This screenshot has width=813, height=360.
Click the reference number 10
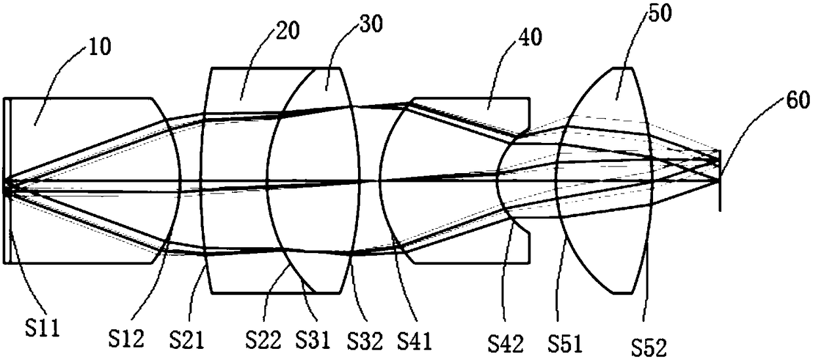pyautogui.click(x=100, y=47)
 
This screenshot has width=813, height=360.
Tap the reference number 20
pyautogui.click(x=288, y=30)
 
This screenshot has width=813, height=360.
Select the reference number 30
pyautogui.click(x=371, y=24)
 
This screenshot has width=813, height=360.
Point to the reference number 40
pyautogui.click(x=530, y=37)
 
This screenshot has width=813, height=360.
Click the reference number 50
pyautogui.click(x=660, y=13)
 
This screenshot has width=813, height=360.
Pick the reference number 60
pyautogui.click(x=798, y=100)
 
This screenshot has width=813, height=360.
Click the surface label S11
pyautogui.click(x=42, y=327)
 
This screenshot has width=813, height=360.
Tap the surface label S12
pyautogui.click(x=127, y=338)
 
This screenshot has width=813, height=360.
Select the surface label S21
pyautogui.click(x=187, y=339)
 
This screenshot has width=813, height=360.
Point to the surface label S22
pyautogui.click(x=263, y=339)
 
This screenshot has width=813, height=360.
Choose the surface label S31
pyautogui.click(x=313, y=339)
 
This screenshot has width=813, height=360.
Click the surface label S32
pyautogui.click(x=365, y=340)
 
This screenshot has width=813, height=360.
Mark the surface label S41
pyautogui.click(x=415, y=340)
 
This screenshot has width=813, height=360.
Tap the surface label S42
pyautogui.click(x=506, y=343)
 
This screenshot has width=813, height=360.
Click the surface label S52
pyautogui.click(x=649, y=347)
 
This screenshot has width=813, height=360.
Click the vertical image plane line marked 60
pyautogui.click(x=720, y=180)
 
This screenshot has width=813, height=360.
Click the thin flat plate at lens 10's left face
pyautogui.click(x=7, y=180)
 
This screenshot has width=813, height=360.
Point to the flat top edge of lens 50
pyautogui.click(x=622, y=68)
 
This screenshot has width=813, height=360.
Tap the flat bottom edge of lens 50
pyautogui.click(x=622, y=292)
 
